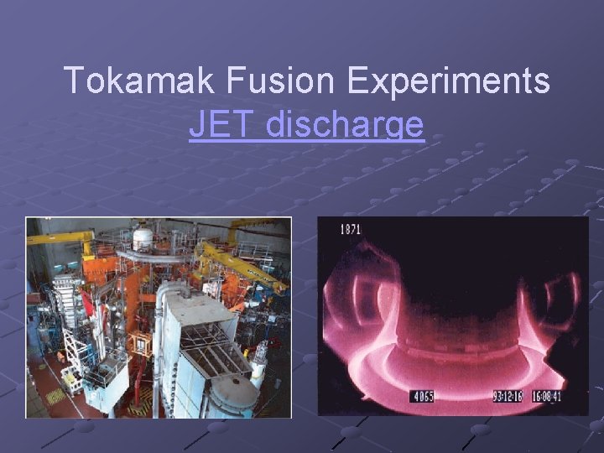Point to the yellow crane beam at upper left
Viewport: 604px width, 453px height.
59,238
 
